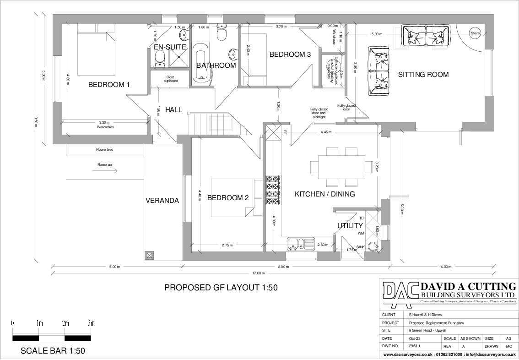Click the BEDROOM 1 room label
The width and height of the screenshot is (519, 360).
(x=109, y=85)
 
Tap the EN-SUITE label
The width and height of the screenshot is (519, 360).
(x=169, y=47)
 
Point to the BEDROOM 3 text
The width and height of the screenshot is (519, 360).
(x=290, y=55)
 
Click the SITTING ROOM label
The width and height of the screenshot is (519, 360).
(x=423, y=75)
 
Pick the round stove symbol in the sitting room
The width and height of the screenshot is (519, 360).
(x=475, y=33)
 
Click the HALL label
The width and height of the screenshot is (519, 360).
(x=173, y=110)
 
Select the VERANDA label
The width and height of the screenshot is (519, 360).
(x=162, y=201)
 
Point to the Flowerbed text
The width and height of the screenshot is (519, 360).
(x=104, y=149)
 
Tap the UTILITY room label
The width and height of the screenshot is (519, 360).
(x=350, y=225)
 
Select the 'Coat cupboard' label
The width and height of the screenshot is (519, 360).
(x=170, y=79)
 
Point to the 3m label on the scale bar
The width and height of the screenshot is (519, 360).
(x=90, y=323)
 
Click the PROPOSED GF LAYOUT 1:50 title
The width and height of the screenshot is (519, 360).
(x=221, y=288)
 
